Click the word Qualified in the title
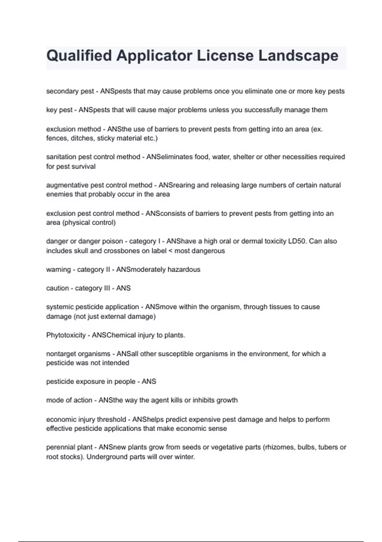coord(79,56)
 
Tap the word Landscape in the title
coord(298,56)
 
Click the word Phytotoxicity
coord(66,335)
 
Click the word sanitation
coord(61,157)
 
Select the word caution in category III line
coord(57,288)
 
